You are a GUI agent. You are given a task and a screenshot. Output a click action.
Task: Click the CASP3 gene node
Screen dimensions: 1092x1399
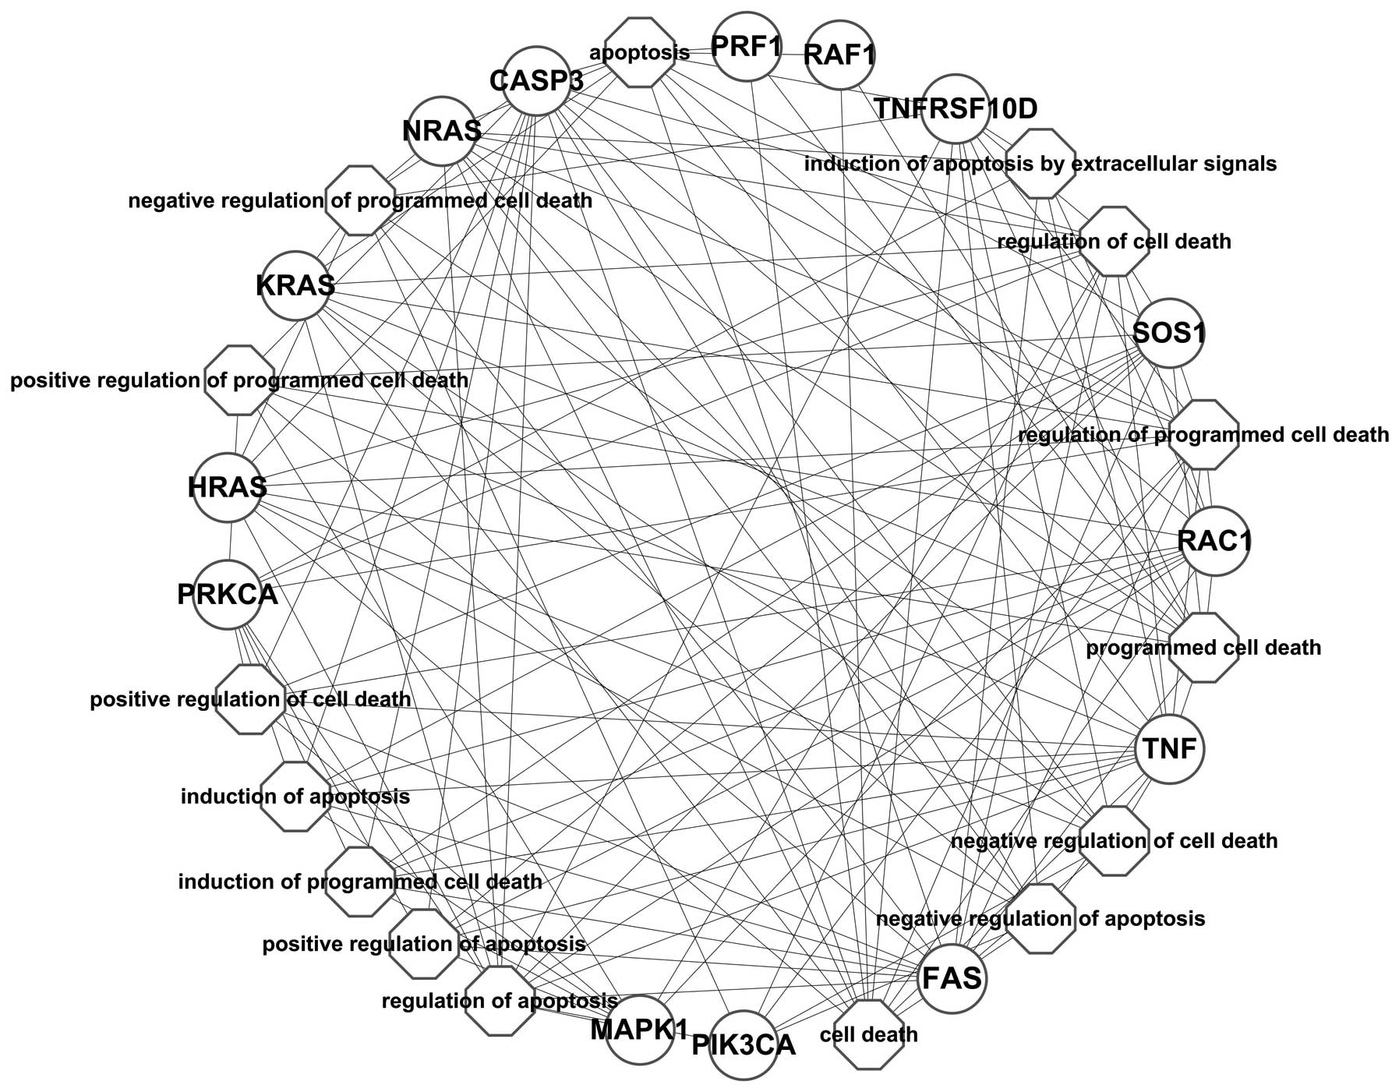(536, 80)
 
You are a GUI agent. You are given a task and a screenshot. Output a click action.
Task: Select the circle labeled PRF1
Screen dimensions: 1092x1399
(747, 46)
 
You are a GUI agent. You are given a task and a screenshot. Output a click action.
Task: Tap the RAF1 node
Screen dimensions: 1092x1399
(839, 55)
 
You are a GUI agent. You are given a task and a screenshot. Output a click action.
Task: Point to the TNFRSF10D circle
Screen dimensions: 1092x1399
(955, 108)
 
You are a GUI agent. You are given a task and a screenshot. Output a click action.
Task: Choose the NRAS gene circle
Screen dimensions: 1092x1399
(443, 130)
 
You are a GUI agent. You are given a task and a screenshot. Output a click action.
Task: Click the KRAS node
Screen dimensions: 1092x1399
(295, 285)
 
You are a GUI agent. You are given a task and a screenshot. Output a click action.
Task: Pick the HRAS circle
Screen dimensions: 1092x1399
(227, 488)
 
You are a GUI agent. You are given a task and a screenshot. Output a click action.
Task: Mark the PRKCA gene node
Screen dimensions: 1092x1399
(227, 594)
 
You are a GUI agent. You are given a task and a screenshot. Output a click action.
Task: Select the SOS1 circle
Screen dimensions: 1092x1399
(1168, 334)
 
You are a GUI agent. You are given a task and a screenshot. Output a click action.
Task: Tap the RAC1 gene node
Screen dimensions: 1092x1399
(1214, 541)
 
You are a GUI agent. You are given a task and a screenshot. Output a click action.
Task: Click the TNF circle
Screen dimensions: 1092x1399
(1169, 748)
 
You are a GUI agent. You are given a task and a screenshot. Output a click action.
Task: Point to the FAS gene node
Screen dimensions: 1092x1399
(952, 978)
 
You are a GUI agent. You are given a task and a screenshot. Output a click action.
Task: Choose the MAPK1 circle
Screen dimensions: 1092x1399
(639, 1030)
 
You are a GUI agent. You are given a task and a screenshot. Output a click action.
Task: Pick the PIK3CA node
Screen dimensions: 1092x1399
(744, 1044)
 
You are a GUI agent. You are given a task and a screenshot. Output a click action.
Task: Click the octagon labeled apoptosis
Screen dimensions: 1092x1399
(640, 53)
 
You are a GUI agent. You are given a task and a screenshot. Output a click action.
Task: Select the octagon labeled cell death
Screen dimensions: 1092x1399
(868, 1034)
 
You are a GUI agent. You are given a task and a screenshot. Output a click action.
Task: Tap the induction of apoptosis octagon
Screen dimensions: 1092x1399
(295, 797)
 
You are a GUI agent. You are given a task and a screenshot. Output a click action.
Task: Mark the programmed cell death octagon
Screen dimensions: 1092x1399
(1203, 648)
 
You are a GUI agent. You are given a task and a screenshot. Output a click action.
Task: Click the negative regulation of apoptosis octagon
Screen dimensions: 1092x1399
(1040, 918)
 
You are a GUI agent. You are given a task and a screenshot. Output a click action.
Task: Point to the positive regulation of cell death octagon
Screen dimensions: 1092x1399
(250, 699)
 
